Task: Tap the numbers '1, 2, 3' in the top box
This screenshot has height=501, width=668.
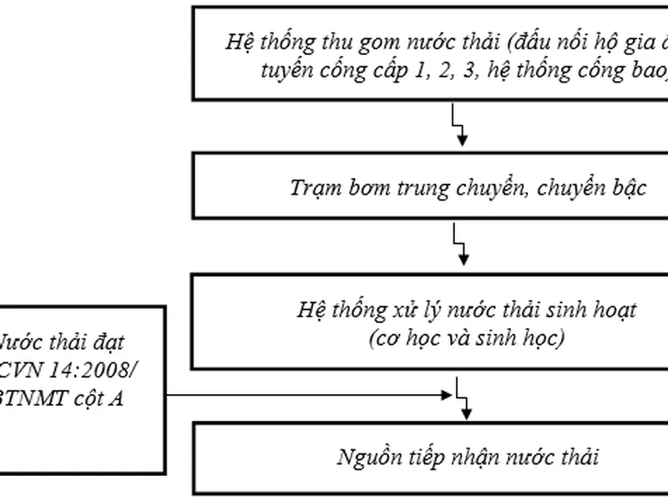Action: [437, 72]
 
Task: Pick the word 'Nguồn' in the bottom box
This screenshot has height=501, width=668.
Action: [366, 458]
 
